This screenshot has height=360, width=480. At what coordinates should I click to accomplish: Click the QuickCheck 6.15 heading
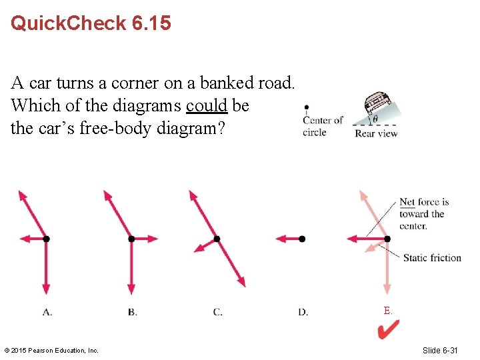(x=91, y=23)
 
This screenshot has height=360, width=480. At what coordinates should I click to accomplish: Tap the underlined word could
(x=207, y=105)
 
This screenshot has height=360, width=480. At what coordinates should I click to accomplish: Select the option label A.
(x=47, y=312)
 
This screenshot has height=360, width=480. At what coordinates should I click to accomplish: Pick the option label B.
(x=132, y=312)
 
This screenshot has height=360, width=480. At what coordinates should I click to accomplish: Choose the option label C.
(x=217, y=312)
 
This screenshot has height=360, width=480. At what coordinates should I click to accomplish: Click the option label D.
(x=303, y=312)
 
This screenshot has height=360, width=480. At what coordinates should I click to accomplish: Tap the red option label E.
(x=387, y=311)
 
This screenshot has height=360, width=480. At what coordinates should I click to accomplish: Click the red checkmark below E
(x=388, y=330)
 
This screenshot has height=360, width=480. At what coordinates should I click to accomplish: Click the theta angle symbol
(x=375, y=119)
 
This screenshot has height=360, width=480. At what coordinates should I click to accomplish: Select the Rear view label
(x=376, y=133)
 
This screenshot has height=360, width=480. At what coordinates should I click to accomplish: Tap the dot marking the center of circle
(x=307, y=107)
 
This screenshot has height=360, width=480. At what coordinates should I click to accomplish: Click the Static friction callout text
(x=432, y=258)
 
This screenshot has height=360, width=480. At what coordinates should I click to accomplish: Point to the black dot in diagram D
(x=302, y=239)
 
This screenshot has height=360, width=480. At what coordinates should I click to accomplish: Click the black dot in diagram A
(x=46, y=239)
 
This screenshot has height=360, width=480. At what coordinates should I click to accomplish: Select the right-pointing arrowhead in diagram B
(x=153, y=239)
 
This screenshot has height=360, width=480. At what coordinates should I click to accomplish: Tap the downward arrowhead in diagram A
(x=46, y=289)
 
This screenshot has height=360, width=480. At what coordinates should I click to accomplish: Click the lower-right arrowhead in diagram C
(x=241, y=282)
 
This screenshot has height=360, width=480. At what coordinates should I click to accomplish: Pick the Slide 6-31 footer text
(x=440, y=351)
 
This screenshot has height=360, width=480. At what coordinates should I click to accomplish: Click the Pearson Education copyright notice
(x=51, y=351)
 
